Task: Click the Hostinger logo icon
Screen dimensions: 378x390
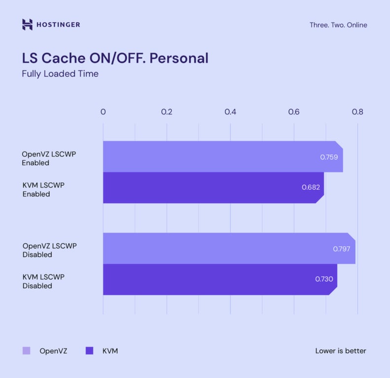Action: [x=28, y=25]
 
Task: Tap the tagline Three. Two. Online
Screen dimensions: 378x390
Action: [x=338, y=25]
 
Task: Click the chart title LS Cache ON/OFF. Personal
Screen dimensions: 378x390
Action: [x=115, y=58]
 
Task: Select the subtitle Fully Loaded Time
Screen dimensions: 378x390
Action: [x=60, y=74]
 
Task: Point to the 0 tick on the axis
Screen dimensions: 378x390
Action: [x=103, y=112]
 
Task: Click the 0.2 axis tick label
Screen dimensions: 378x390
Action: [x=167, y=112]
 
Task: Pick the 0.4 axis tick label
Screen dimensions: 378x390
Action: [x=230, y=112]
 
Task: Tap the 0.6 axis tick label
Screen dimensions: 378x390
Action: [x=294, y=112]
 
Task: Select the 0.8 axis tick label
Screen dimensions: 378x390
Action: [x=357, y=112]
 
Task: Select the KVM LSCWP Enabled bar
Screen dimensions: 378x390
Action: [x=207, y=188]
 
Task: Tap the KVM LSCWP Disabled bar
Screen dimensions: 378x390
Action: [x=212, y=280]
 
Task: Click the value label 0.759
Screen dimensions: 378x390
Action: [x=329, y=157]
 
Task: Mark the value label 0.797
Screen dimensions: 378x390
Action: [x=341, y=249]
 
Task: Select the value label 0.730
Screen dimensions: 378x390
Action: [x=324, y=279]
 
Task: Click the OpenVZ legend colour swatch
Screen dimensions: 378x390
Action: [x=27, y=351]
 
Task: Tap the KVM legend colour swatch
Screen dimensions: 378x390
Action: [x=89, y=351]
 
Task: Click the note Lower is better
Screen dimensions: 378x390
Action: [x=341, y=351]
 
